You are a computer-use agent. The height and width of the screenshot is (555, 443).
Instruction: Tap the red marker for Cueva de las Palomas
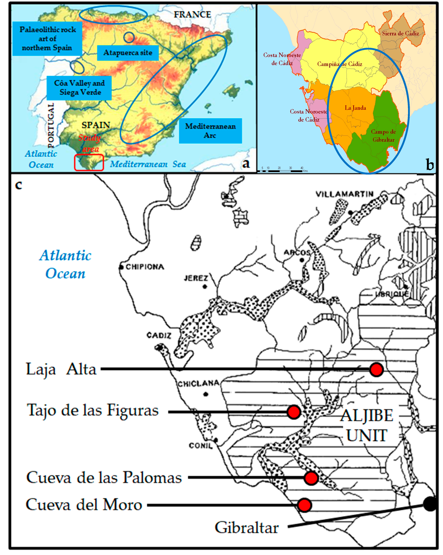[311, 478]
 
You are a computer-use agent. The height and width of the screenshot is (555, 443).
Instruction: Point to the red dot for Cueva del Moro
[304, 505]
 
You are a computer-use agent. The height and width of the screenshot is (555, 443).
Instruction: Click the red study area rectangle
[89, 162]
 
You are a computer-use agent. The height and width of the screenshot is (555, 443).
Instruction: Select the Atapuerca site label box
[128, 53]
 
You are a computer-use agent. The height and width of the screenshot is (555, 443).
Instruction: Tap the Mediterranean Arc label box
[210, 131]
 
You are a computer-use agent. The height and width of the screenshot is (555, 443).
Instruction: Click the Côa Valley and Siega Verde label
[79, 88]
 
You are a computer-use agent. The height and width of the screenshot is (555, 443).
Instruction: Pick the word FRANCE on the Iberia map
[192, 15]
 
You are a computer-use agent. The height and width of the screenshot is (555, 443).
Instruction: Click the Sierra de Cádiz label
[400, 33]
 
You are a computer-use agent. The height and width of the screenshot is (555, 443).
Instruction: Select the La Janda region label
[355, 108]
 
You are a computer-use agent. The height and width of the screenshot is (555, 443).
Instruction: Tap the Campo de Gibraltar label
[383, 136]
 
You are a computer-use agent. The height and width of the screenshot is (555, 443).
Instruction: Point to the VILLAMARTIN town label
[344, 194]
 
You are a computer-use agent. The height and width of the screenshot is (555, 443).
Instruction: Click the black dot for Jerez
[205, 287]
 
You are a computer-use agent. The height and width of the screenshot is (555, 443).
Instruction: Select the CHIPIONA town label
[145, 267]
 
